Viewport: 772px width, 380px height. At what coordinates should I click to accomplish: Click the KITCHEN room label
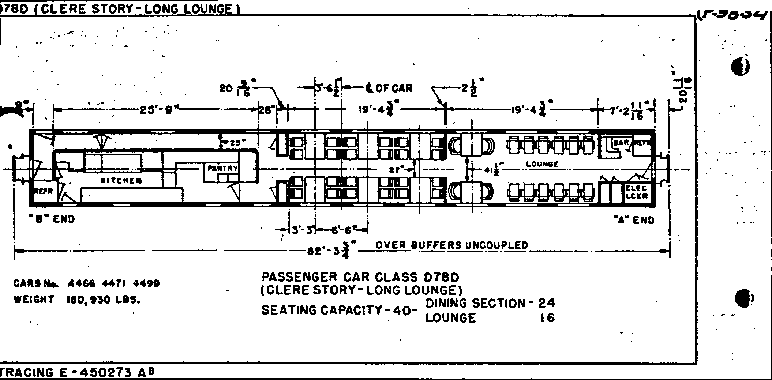click(121, 180)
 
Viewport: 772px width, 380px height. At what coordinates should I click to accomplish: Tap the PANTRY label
click(222, 169)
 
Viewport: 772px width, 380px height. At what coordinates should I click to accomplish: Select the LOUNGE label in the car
click(542, 164)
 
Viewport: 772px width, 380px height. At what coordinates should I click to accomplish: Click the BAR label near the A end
click(621, 143)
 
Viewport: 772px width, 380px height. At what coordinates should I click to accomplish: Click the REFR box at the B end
click(43, 191)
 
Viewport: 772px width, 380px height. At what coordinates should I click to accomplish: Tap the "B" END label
click(52, 219)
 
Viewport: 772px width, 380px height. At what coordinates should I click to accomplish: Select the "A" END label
click(634, 220)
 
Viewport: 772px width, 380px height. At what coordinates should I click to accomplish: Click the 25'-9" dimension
click(157, 110)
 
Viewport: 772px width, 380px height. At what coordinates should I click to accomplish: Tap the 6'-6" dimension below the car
click(341, 230)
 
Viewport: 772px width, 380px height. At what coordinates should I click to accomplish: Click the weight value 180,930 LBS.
click(103, 300)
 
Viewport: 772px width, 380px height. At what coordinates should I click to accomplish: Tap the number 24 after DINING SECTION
click(547, 303)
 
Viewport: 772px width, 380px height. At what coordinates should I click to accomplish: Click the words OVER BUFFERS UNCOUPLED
click(452, 245)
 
